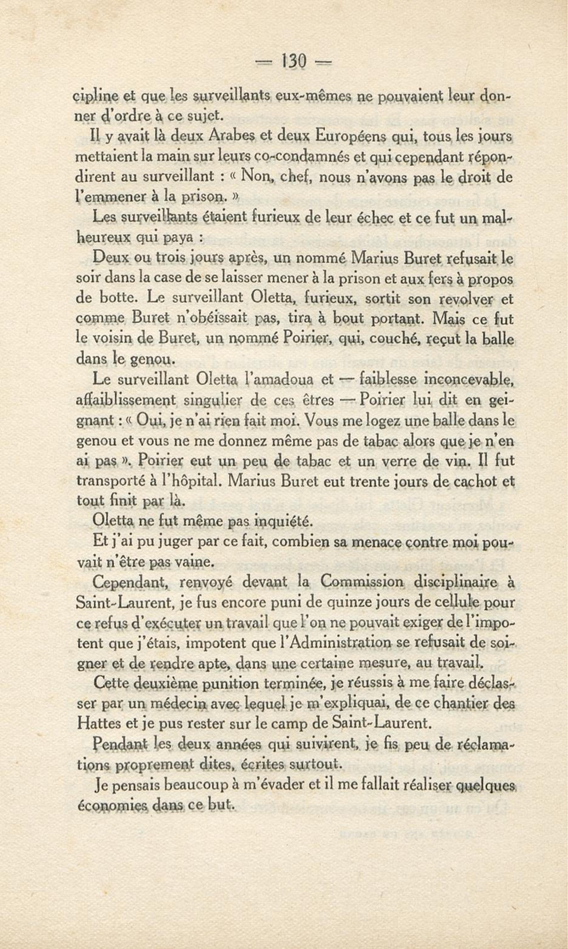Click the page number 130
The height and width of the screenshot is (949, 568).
(294, 61)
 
